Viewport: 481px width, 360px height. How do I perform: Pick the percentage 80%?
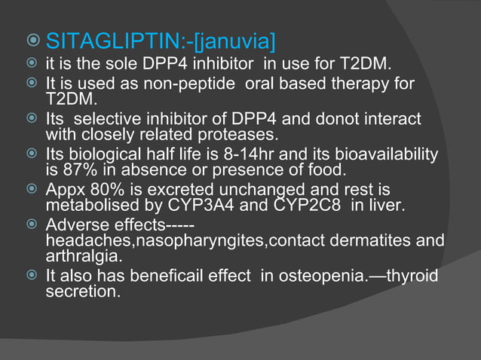coord(101,189)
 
